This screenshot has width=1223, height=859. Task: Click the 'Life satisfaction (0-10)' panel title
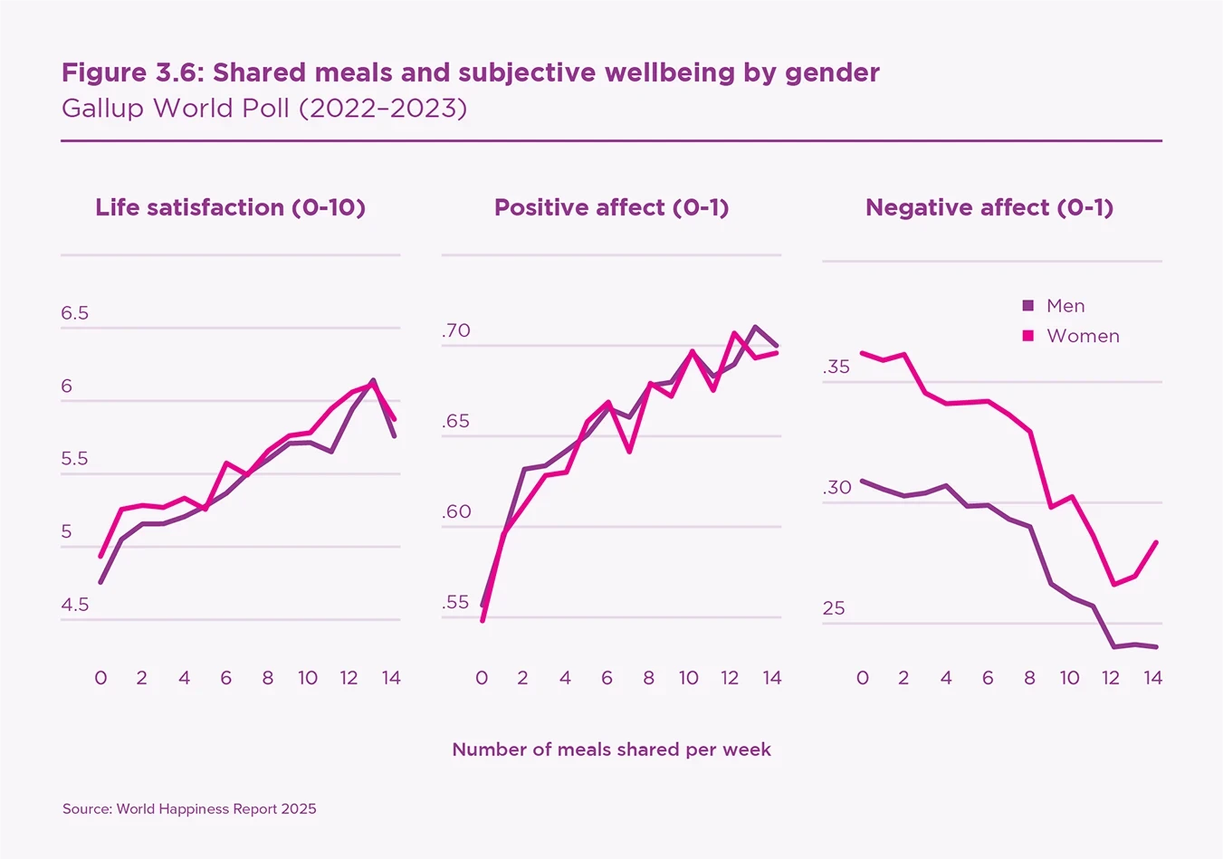coord(230,207)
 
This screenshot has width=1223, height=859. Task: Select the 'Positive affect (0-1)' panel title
coord(611,207)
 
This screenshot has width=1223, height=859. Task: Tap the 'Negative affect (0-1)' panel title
coord(989,207)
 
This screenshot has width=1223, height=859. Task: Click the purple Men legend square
coord(1027,306)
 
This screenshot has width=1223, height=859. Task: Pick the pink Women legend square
coord(1027,336)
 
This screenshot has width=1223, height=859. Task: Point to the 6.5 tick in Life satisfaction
coord(75,313)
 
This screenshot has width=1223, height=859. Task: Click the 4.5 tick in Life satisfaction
coord(75,605)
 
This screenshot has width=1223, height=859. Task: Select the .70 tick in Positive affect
coord(456,330)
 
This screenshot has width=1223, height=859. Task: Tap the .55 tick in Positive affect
coord(456,602)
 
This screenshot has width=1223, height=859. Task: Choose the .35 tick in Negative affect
coord(836,367)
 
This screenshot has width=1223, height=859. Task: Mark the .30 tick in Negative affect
coord(836,487)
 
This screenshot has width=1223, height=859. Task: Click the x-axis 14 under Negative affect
coord(1152,678)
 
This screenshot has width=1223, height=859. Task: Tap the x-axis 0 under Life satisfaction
coord(100,678)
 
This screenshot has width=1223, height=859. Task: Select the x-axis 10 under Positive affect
coord(689,678)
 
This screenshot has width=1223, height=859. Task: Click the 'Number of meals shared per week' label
coord(611,749)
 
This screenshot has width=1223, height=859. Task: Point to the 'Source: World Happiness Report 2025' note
coord(189,808)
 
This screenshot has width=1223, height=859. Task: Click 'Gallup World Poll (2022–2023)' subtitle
coord(264,109)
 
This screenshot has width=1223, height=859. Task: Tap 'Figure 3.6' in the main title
coord(132,72)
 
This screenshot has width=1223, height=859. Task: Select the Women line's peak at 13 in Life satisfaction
coord(373,385)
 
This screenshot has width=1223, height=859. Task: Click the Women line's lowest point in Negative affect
coord(1113,585)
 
